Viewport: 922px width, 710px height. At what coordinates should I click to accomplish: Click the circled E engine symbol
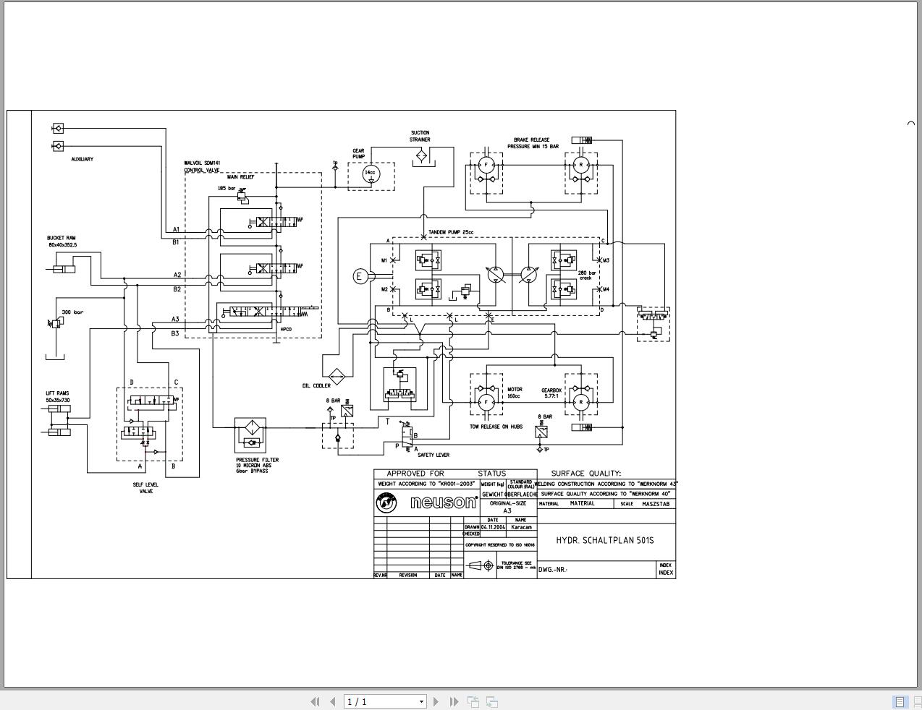(x=360, y=276)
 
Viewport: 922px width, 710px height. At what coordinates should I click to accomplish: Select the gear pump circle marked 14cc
(x=370, y=174)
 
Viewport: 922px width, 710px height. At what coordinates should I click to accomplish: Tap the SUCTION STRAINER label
(x=420, y=136)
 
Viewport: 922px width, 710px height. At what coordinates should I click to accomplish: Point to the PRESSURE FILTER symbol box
(x=250, y=435)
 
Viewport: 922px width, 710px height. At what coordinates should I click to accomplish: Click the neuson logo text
(x=443, y=502)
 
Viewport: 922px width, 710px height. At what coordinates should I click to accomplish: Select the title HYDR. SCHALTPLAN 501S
(x=604, y=540)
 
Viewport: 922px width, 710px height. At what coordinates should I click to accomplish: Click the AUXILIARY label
(x=82, y=159)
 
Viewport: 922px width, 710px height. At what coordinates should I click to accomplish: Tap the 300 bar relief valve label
(x=72, y=312)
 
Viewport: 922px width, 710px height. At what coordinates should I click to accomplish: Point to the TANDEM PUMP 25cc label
(x=450, y=233)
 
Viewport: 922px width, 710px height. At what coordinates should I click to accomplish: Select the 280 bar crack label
(x=586, y=275)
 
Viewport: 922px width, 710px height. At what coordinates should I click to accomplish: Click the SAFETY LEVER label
(x=433, y=455)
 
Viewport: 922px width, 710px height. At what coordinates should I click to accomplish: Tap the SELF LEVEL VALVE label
(x=145, y=488)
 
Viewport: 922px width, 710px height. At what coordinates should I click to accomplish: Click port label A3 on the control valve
(x=175, y=319)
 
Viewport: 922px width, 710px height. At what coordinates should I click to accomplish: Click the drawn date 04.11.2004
(x=493, y=527)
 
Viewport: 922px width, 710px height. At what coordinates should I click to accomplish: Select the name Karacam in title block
(x=521, y=527)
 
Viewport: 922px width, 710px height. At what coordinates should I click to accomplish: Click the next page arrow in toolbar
(x=436, y=701)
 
